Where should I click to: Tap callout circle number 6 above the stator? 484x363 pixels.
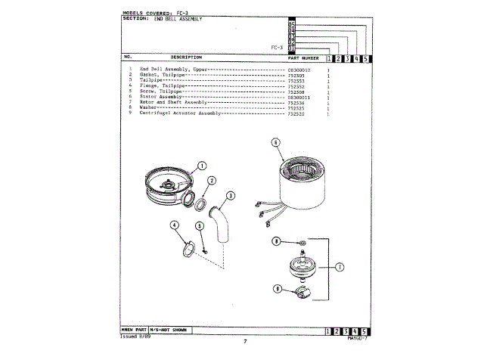pos(275,141)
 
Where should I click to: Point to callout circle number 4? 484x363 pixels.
pos(175,225)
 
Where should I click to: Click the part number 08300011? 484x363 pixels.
pos(299,97)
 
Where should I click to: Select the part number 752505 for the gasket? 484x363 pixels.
pos(296,75)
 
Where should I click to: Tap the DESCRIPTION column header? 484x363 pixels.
pos(186,57)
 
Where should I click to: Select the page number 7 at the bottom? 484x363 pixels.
pos(244,343)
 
